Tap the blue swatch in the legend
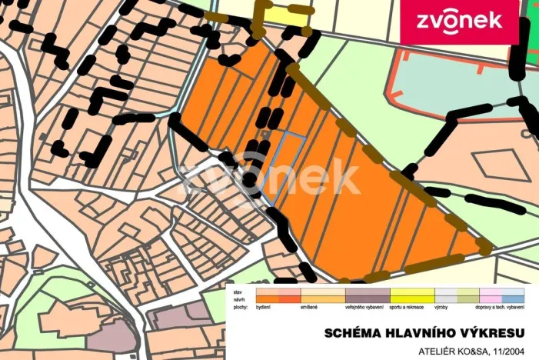[x=513, y=299]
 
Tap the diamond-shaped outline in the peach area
[x=494, y=165]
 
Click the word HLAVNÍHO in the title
[x=418, y=332]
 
